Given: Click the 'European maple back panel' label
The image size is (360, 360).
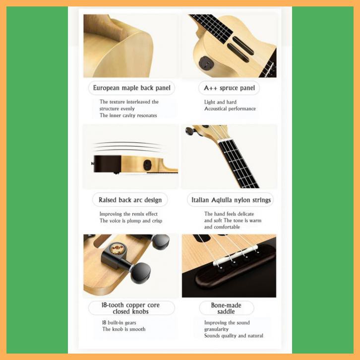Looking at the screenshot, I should (131, 88).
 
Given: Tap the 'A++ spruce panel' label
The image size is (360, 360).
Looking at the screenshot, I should (229, 88).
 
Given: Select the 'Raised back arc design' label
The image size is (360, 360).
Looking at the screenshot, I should (130, 200).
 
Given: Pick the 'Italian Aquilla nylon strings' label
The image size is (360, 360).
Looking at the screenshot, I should (231, 200).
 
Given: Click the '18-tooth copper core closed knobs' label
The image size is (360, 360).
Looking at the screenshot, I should (131, 308).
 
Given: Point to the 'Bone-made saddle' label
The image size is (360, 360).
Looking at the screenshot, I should (226, 308).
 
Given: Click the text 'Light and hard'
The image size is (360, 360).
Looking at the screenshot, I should (220, 102).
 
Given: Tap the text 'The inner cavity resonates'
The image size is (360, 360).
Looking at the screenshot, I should (128, 116).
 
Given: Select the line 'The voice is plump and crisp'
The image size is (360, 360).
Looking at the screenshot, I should (131, 221).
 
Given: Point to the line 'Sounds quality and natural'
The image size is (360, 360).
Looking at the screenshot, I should (234, 336).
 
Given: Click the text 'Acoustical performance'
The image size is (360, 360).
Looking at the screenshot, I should (230, 109).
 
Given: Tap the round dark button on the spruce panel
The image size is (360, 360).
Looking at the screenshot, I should (205, 63).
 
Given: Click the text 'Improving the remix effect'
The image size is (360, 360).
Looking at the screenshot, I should (129, 214).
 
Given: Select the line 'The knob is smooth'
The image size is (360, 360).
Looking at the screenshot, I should (124, 329).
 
